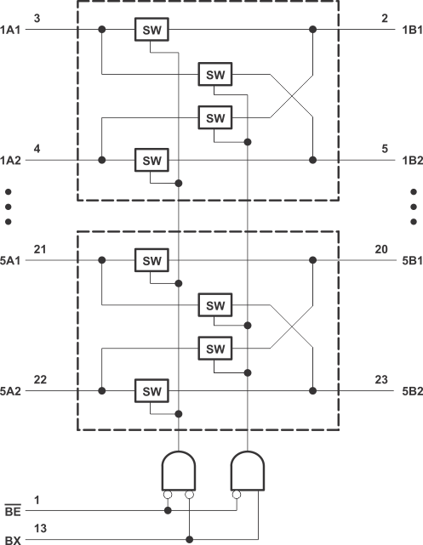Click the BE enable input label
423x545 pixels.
tap(14, 512)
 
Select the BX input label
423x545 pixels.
tap(14, 540)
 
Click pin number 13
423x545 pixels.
tap(40, 527)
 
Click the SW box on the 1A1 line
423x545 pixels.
tap(151, 30)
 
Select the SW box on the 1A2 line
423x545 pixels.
tap(151, 159)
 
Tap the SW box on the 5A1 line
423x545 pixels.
tap(151, 261)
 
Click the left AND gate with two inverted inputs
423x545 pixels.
tap(178, 470)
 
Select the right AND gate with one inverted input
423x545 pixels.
tap(248, 470)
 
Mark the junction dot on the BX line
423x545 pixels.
tap(189, 539)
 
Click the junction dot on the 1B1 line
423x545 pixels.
tap(313, 30)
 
